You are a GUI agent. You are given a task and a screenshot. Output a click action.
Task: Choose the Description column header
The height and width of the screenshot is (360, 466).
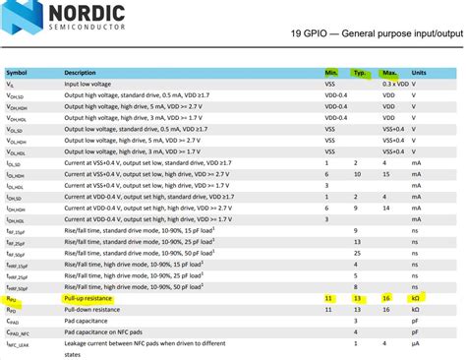point(81,73)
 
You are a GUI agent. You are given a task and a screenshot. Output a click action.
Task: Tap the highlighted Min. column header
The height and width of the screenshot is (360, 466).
point(332,73)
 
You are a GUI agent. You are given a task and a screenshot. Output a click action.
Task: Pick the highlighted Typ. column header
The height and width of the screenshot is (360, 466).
point(361,73)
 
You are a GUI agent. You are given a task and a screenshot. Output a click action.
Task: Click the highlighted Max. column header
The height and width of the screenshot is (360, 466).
point(389,73)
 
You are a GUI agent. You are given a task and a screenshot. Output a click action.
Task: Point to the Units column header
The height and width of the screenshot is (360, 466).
point(420,73)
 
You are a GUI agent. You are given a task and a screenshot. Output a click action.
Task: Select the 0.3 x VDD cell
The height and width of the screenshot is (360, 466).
point(394,85)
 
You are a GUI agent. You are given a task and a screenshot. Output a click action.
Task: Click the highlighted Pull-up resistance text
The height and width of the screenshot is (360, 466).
point(88,298)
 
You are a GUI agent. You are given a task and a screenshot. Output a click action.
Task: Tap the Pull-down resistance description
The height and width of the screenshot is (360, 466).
point(91,309)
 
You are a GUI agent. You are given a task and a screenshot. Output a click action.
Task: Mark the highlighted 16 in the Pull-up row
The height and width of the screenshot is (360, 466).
point(387,298)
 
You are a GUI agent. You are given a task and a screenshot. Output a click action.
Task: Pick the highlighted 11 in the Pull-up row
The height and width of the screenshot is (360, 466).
point(329,298)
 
